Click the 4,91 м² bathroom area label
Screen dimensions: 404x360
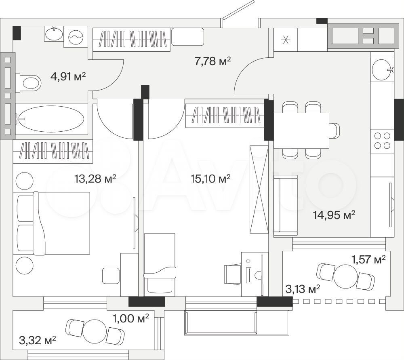[x=68, y=76]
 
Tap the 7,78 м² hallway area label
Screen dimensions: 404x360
[x=213, y=61]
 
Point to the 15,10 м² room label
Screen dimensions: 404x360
[x=210, y=178]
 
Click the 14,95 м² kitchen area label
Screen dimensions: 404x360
[x=334, y=215]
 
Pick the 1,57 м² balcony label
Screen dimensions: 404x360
[x=369, y=260]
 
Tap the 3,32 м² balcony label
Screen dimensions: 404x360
[x=38, y=341]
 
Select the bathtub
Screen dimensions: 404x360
[x=52, y=119]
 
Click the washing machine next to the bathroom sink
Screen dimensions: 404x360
[x=76, y=37]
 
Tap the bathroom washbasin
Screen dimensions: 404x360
[x=54, y=34]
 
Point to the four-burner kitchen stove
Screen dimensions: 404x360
[x=382, y=141]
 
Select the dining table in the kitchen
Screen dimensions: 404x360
[x=301, y=131]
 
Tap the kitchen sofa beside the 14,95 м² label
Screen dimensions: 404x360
[x=286, y=205]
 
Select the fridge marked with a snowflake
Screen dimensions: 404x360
[x=286, y=40]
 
